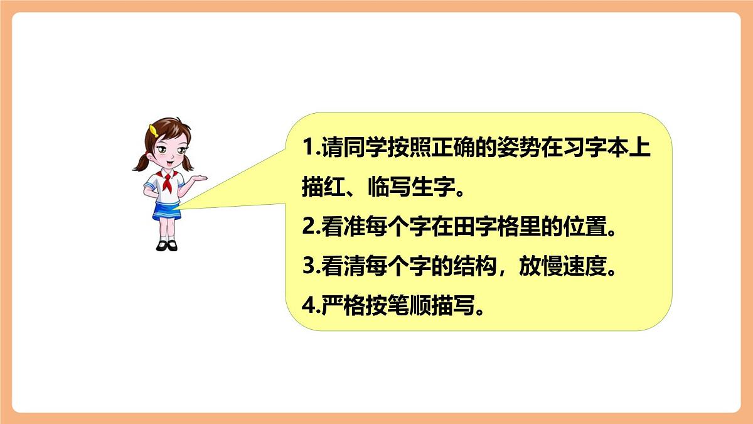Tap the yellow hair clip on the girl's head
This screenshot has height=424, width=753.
(x=153, y=130)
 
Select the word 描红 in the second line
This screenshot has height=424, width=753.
(x=322, y=188)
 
